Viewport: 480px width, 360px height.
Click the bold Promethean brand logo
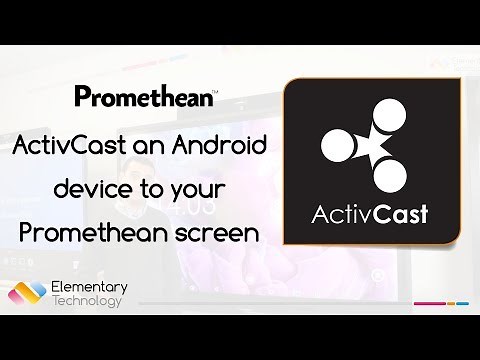point(145,98)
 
